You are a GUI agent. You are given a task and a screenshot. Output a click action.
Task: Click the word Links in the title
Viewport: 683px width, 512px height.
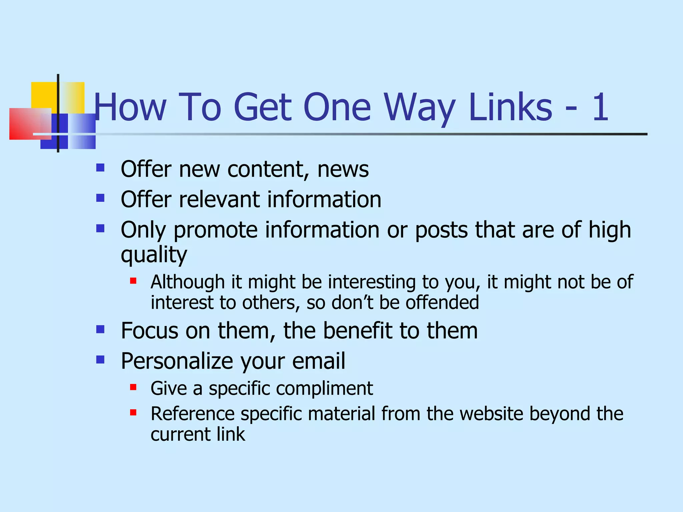tap(511, 107)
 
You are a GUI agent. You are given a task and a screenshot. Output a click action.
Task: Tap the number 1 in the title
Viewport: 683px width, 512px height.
tap(600, 107)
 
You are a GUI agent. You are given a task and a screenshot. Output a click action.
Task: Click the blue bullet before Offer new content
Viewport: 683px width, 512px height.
tap(100, 167)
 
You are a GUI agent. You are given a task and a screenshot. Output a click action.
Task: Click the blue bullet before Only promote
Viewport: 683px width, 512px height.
tap(100, 228)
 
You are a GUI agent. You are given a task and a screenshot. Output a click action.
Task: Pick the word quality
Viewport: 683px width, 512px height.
tap(154, 255)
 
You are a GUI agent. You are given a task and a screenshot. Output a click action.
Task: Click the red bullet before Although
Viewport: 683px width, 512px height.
tap(133, 281)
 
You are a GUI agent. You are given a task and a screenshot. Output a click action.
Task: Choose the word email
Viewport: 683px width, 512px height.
tap(318, 361)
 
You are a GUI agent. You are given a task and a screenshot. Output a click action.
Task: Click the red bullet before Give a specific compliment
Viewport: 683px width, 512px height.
tap(133, 387)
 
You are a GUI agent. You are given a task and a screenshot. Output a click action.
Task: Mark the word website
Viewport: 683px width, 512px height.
tap(492, 414)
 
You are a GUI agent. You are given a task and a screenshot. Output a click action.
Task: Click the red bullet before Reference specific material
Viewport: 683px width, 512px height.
tap(133, 413)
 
